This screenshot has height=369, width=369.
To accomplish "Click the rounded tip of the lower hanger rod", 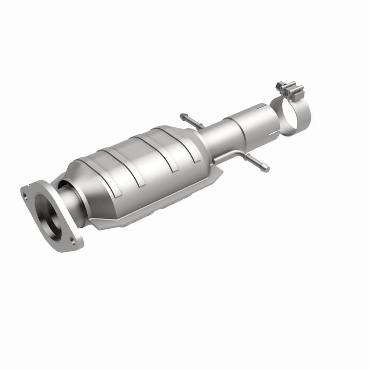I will click(x=266, y=169).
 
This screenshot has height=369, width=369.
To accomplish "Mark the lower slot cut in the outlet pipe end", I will click(x=275, y=132).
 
